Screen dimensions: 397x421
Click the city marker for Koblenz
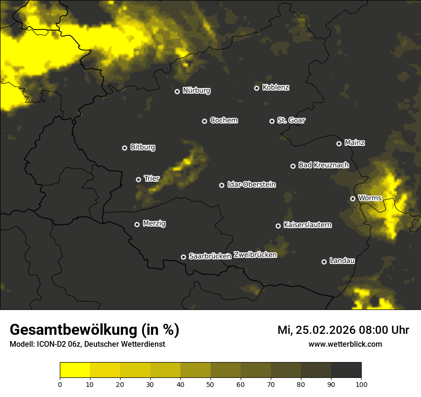pos(256,88)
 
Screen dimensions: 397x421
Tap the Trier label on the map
pos(152,178)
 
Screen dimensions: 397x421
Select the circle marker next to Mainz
pos(339,143)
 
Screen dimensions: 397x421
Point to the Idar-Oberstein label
pos(251,184)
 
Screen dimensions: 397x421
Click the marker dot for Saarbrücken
pos(183,257)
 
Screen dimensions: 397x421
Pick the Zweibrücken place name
pos(255,254)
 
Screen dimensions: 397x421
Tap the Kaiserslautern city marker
pos(278,226)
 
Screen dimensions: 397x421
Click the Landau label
pos(342,261)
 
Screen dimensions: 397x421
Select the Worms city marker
pos(353,198)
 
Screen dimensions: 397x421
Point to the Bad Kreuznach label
pos(323,165)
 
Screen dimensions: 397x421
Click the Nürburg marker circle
pos(177,91)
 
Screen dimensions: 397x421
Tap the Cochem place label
pos(223,120)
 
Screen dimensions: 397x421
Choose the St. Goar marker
pos(272,121)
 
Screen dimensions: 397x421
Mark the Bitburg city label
pos(143,147)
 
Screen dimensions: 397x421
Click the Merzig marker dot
pos(137,224)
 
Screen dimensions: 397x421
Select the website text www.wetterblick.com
pos(345,344)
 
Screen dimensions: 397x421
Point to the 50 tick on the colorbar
pos(210,384)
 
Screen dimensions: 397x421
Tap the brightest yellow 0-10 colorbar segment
pos(75,370)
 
